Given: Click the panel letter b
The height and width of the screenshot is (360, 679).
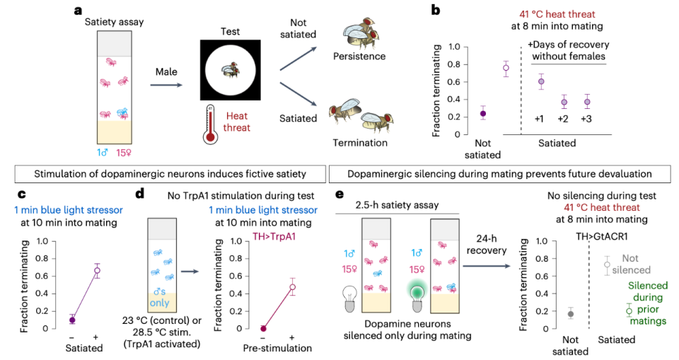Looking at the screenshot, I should (x=436, y=11).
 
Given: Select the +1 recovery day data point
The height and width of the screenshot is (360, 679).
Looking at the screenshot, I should (x=541, y=82).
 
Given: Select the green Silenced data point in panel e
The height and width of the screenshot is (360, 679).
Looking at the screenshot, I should (x=629, y=310).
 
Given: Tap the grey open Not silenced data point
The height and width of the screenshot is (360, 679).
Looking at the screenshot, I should (x=606, y=265).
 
